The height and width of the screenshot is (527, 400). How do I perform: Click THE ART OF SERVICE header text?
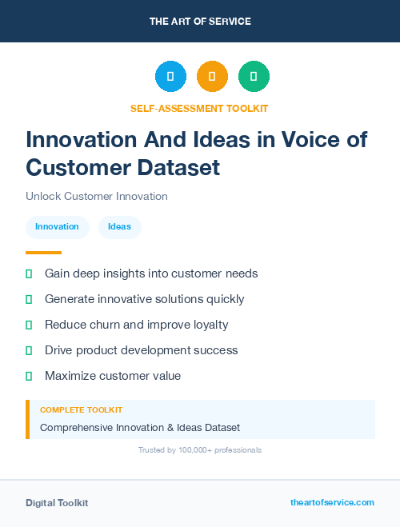tap(200, 22)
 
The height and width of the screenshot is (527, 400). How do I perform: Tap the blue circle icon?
tap(170, 77)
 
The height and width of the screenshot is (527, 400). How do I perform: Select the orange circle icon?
tap(212, 77)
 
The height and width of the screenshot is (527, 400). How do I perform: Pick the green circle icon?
tap(254, 77)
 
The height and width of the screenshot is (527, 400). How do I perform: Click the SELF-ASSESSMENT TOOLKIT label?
tap(199, 108)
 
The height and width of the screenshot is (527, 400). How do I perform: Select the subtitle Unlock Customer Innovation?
tap(96, 196)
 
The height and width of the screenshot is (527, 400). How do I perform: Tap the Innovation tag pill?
tap(57, 227)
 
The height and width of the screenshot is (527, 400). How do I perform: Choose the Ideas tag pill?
tap(119, 227)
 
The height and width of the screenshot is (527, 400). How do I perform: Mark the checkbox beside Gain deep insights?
tap(29, 273)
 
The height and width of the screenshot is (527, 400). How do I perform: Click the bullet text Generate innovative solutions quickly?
tap(144, 299)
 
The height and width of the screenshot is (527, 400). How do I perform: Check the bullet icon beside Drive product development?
tap(29, 350)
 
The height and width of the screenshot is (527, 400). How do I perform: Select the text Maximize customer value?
tap(113, 376)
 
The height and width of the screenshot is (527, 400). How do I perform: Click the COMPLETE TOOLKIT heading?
tap(81, 409)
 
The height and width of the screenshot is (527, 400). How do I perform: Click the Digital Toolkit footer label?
tap(57, 503)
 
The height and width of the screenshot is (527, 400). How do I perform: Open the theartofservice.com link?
tap(332, 502)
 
